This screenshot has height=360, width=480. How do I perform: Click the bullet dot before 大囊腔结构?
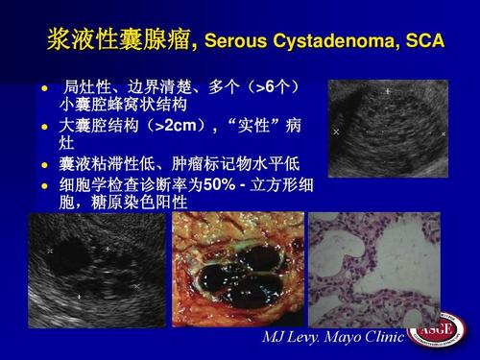coord(43,127)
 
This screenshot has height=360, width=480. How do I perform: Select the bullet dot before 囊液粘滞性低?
coord(43,164)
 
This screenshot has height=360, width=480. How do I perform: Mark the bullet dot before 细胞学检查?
coord(43,183)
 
